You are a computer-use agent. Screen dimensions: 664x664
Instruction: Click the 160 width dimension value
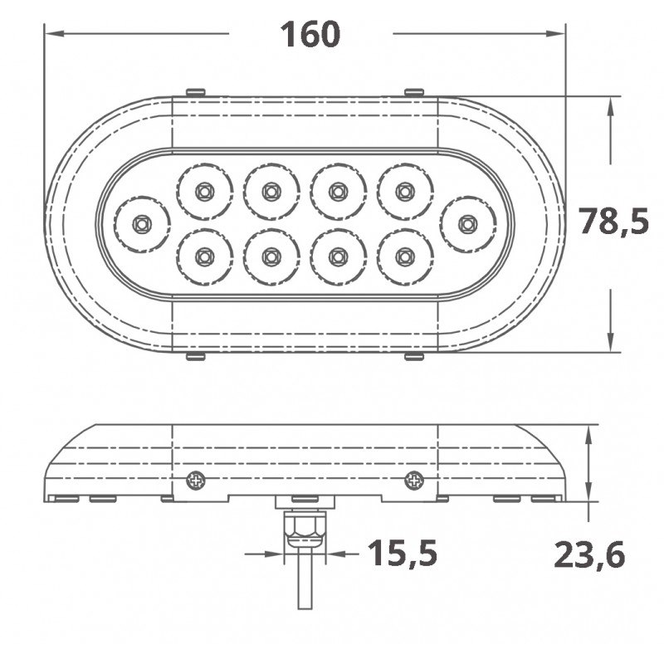pyautogui.click(x=310, y=34)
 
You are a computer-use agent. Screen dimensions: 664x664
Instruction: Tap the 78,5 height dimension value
pyautogui.click(x=613, y=222)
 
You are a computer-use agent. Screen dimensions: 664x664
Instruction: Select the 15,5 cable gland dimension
pyautogui.click(x=402, y=552)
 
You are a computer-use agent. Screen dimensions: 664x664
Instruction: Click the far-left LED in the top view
pyautogui.click(x=142, y=223)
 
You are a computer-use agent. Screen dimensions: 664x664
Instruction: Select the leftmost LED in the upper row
pyautogui.click(x=203, y=192)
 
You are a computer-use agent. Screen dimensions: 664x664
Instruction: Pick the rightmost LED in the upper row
pyautogui.click(x=404, y=192)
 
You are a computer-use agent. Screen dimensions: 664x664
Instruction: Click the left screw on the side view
pyautogui.click(x=196, y=479)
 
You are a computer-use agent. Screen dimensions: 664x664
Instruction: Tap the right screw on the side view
pyautogui.click(x=413, y=479)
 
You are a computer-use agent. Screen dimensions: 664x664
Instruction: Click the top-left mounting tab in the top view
pyautogui.click(x=196, y=91)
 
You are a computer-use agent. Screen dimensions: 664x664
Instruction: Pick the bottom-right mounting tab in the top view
pyautogui.click(x=413, y=356)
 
